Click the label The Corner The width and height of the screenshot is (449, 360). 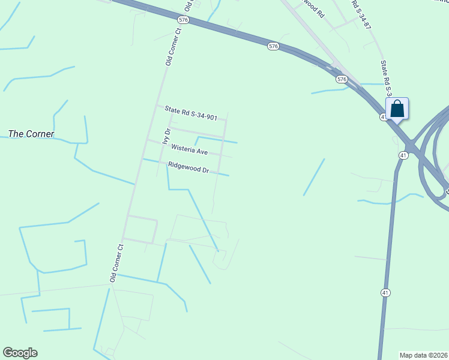click(31, 134)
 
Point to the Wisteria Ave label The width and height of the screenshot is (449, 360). click(189, 150)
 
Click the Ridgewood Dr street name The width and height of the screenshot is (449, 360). click(188, 168)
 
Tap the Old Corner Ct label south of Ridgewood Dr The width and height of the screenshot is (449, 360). click(116, 263)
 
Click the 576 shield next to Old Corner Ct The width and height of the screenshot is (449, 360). click(183, 20)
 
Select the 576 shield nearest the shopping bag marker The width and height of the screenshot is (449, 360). click(342, 79)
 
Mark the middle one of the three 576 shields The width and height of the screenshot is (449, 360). click(274, 46)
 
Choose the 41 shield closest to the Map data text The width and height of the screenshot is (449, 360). click(385, 293)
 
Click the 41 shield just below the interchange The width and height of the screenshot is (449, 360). click(403, 155)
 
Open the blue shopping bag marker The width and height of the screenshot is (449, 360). click(397, 109)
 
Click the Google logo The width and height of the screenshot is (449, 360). click(20, 353)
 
